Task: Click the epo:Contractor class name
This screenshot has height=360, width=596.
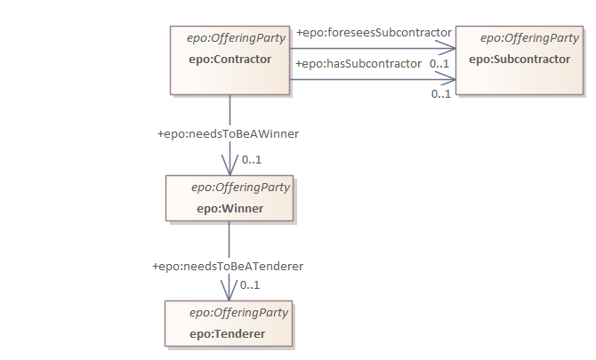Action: click(x=217, y=60)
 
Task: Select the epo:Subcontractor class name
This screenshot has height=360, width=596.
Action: click(x=519, y=60)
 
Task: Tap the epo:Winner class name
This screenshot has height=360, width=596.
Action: click(x=230, y=209)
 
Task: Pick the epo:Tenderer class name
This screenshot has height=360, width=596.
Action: click(x=228, y=334)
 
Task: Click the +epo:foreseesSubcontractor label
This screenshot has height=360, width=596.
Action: click(x=375, y=33)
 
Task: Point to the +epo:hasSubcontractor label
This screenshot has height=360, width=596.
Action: click(x=358, y=63)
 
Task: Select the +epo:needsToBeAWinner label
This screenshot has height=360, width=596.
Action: click(x=228, y=134)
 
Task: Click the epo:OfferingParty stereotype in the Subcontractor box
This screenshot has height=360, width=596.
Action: click(x=529, y=38)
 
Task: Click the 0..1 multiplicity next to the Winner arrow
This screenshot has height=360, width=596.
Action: click(x=251, y=160)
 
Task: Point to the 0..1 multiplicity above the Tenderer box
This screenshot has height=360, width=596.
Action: click(x=250, y=285)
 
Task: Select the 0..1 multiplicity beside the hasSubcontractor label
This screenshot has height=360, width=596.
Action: click(x=439, y=64)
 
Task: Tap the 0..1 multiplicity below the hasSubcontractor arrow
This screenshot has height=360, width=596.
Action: click(x=440, y=93)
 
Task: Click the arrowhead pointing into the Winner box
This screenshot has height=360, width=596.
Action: click(x=230, y=168)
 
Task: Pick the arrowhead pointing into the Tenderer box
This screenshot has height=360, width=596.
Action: click(x=230, y=293)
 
